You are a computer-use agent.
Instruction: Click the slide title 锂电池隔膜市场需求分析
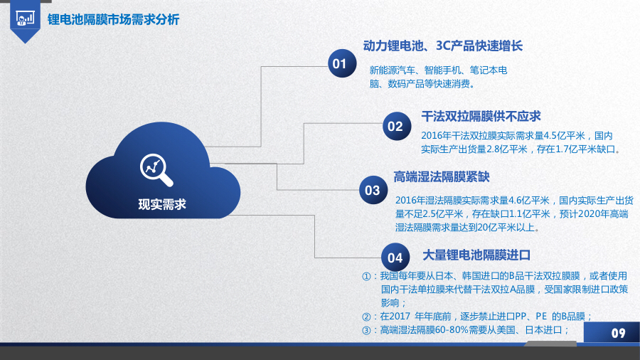coord(113,20)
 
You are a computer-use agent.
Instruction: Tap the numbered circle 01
coord(339,64)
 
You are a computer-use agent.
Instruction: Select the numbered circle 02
coord(395,127)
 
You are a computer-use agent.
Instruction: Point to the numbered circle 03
coord(373,190)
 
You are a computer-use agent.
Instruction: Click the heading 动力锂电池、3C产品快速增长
coord(442,46)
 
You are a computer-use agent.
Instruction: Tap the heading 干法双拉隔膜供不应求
coord(481,116)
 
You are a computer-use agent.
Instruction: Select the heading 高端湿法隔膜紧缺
coord(442,177)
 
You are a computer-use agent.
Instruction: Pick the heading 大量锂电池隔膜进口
coord(476,254)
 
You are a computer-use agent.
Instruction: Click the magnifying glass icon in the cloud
coord(156,168)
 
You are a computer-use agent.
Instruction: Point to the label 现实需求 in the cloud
coord(161,204)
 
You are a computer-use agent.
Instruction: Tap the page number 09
coord(618,333)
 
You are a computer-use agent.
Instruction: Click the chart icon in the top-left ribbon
coord(25,17)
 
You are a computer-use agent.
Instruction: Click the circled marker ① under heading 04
coord(367,276)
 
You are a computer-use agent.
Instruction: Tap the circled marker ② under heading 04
coord(367,317)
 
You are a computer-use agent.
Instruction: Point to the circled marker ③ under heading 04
coord(367,330)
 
